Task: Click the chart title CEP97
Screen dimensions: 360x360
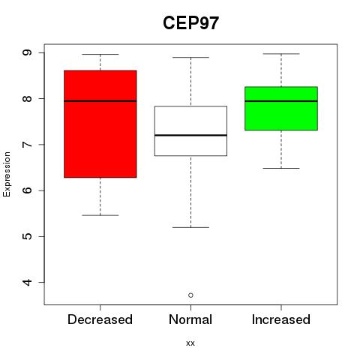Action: [x=190, y=23]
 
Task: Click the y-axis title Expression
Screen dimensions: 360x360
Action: [x=7, y=174]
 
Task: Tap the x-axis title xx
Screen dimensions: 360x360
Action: [x=190, y=343]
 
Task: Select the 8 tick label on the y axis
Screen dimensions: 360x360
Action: [x=27, y=98]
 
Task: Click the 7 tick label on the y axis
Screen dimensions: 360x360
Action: [x=27, y=145]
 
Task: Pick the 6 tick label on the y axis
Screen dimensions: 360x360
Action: [x=27, y=190]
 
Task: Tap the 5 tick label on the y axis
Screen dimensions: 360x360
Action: [x=27, y=236]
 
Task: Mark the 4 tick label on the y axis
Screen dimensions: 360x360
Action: [x=27, y=283]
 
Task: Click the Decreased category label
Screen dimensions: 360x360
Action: [x=100, y=319]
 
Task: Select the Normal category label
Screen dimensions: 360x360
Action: [x=190, y=319]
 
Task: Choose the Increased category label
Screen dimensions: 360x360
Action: [x=281, y=319]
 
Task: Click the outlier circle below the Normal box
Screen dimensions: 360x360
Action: [x=190, y=295]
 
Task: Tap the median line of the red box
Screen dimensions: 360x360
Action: [x=100, y=101]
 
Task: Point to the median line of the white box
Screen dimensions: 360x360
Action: [x=190, y=135]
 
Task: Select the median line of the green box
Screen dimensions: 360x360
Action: [x=281, y=101]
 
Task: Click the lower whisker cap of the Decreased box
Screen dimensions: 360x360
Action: [x=100, y=215]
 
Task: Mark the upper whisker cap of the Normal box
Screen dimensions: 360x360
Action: [x=190, y=58]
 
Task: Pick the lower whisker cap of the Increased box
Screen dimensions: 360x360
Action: [x=281, y=168]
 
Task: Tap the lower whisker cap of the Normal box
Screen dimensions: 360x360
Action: [x=190, y=227]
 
